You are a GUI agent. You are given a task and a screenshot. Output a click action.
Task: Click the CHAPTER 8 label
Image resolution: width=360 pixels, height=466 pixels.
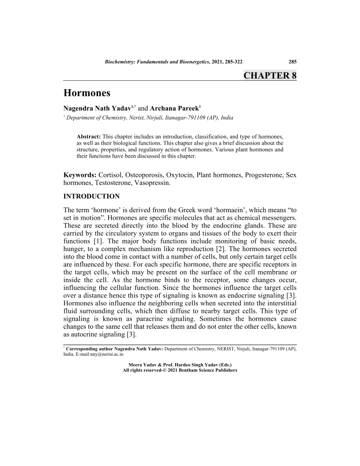point(270,75)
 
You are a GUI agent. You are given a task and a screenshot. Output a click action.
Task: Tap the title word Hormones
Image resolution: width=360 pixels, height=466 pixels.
point(87,93)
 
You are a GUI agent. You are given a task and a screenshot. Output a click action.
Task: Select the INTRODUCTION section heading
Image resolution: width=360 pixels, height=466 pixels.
point(92,195)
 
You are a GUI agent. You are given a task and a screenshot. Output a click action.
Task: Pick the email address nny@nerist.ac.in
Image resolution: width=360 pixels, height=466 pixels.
point(103,354)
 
